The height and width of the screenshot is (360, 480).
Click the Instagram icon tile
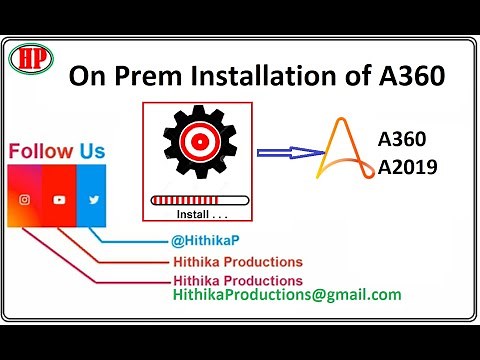click(25, 200)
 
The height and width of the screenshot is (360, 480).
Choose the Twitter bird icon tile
click(93, 200)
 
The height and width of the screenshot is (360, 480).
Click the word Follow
click(41, 152)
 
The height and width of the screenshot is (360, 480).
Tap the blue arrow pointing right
click(287, 153)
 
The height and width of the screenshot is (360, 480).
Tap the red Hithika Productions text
click(238, 262)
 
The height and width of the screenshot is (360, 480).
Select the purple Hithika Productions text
click(238, 280)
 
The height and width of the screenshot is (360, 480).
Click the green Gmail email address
click(287, 295)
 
